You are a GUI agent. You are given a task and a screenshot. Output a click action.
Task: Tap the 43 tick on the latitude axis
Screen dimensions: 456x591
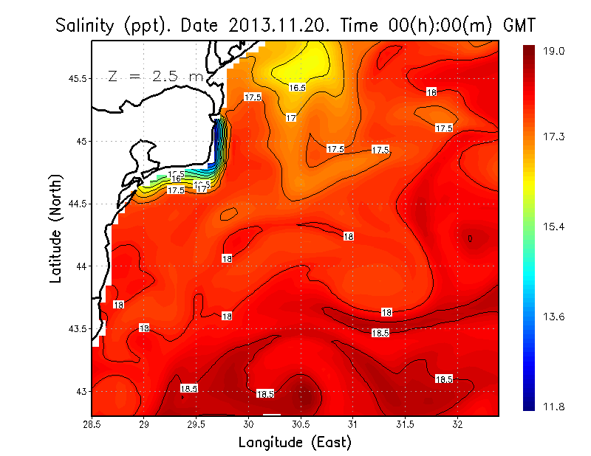pos(82,391)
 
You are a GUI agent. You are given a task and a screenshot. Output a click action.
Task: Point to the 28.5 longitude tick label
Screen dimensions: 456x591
pos(92,424)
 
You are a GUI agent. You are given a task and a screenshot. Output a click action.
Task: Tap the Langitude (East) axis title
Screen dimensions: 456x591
pos(294,442)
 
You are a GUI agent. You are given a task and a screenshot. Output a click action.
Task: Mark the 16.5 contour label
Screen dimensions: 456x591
pos(297,88)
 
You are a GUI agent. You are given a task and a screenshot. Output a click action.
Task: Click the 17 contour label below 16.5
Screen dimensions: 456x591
pos(292,118)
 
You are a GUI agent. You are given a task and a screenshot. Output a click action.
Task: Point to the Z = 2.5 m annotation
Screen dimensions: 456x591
pos(155,76)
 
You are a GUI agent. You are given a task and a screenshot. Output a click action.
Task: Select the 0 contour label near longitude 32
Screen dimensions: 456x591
pos(470,238)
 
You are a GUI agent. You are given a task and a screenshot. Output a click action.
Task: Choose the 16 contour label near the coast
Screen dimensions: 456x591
pos(177,179)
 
